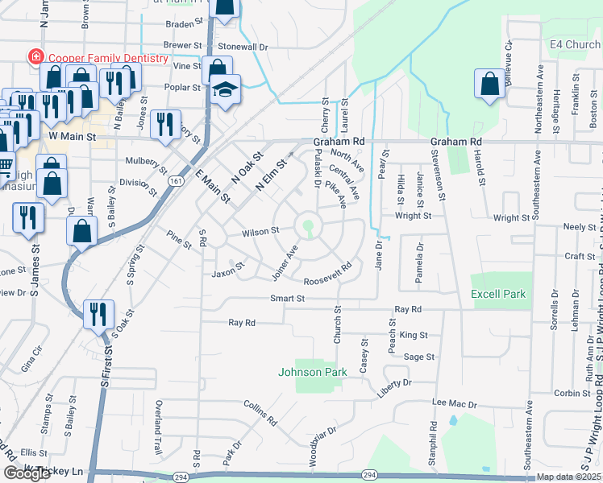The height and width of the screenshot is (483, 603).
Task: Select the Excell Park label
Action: [x=498, y=294]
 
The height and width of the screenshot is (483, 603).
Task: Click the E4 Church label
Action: [x=575, y=44]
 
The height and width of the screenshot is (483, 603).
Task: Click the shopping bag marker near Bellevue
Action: [x=489, y=83]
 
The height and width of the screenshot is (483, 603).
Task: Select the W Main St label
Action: [x=72, y=138]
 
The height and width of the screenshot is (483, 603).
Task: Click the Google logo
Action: [x=27, y=473]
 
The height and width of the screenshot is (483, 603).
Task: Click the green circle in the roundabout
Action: [x=308, y=224]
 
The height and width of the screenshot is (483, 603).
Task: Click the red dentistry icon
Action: [x=35, y=57]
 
